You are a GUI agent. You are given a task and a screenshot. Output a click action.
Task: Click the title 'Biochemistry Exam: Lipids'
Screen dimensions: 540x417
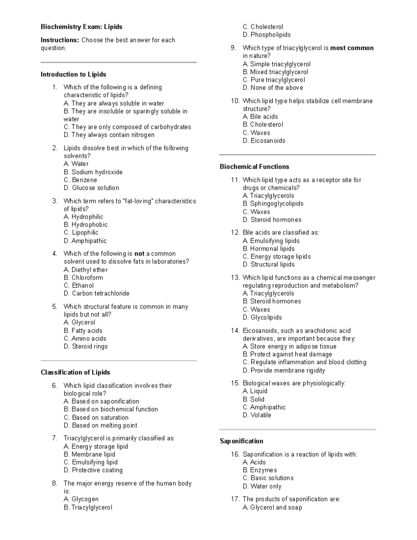[81, 27]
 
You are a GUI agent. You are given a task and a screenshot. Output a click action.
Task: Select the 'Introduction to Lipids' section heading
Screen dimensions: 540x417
[73, 74]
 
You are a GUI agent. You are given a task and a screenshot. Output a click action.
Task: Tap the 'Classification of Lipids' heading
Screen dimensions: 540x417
[75, 372]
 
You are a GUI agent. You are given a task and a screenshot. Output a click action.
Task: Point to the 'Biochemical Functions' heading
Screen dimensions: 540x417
[254, 167]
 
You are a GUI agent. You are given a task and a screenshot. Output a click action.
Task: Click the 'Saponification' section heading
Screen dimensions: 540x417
[242, 441]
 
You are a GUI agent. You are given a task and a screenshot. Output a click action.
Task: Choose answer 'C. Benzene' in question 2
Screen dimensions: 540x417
[80, 180]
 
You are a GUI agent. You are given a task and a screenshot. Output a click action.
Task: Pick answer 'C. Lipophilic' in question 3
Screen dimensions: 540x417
[81, 233]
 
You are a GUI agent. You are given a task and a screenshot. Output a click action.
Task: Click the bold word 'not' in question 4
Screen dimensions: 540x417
[139, 254]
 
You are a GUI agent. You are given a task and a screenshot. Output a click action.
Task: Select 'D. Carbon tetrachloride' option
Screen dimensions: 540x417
[97, 293]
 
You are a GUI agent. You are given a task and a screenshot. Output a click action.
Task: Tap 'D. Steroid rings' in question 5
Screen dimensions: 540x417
[86, 346]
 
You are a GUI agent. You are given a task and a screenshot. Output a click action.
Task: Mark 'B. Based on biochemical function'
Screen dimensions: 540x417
[111, 409]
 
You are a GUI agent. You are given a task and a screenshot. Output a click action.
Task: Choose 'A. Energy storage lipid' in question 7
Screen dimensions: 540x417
[96, 446]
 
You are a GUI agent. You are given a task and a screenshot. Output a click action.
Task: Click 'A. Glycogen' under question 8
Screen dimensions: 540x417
[81, 499]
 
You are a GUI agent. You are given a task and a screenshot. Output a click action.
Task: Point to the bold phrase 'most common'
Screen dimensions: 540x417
[352, 48]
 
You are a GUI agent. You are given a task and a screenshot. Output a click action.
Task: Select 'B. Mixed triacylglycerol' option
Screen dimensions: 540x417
[276, 72]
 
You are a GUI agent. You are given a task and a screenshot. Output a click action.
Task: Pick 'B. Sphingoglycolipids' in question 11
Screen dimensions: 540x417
[273, 204]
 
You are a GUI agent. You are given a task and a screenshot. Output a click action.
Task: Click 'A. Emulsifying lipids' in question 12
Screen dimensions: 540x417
[271, 241]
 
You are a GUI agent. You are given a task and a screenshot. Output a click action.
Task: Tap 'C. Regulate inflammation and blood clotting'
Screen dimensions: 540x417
[305, 362]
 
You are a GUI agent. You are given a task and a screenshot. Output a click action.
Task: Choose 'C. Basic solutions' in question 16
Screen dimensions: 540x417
[268, 478]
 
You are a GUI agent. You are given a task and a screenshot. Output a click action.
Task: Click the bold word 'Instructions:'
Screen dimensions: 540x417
[60, 40]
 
